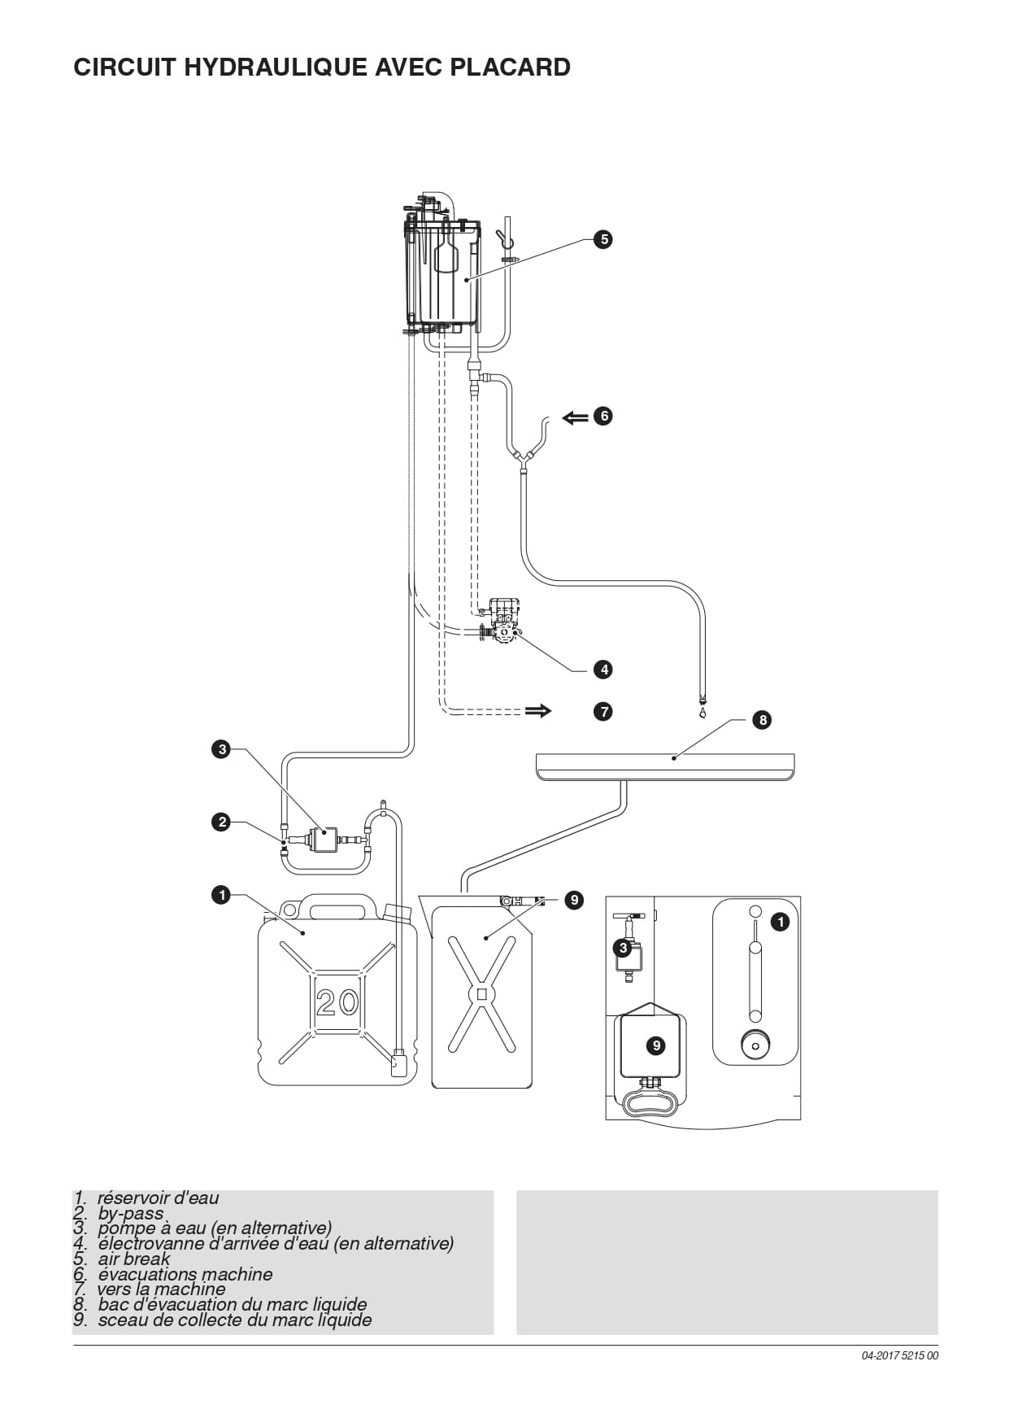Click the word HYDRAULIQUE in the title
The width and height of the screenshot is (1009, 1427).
(x=276, y=67)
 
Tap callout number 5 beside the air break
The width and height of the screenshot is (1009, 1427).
(x=602, y=239)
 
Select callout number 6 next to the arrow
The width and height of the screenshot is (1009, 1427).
(x=602, y=416)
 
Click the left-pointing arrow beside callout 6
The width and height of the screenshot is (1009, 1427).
(x=575, y=417)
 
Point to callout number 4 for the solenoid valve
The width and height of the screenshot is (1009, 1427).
(x=602, y=670)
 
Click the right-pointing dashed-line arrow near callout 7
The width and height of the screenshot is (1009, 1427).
(x=538, y=711)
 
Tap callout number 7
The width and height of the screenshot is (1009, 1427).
(x=602, y=711)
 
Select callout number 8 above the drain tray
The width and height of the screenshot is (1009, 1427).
(x=762, y=719)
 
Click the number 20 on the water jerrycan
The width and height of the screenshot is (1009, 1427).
(x=337, y=1002)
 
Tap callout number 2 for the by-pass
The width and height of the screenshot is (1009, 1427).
(x=222, y=822)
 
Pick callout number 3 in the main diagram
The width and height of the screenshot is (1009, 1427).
(x=222, y=749)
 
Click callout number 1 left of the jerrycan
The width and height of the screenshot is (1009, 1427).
(x=221, y=895)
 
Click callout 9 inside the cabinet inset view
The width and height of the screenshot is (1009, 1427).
(x=656, y=1045)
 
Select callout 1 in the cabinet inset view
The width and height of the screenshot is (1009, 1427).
(x=780, y=922)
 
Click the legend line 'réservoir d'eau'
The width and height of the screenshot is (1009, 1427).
(x=146, y=1198)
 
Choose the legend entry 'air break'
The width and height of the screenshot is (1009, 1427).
(x=122, y=1259)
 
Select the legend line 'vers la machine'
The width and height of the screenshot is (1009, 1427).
(x=150, y=1289)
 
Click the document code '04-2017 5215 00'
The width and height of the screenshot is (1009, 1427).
(x=900, y=1355)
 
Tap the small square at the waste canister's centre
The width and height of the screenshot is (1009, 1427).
(x=482, y=994)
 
